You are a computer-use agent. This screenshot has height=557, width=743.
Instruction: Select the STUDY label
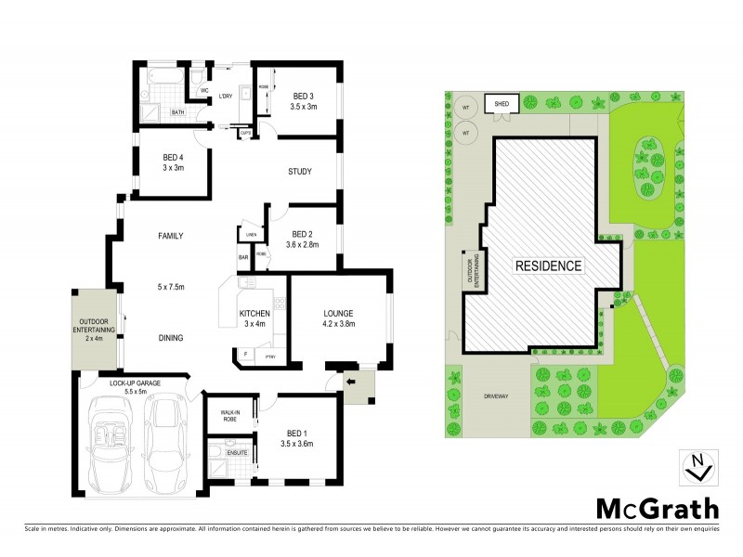(299, 172)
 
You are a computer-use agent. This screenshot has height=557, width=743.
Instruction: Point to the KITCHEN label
(254, 314)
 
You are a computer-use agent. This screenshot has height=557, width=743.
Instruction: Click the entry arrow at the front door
(351, 381)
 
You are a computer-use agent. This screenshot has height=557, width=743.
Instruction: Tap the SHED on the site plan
(502, 104)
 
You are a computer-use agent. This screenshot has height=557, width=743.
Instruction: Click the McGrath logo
(655, 508)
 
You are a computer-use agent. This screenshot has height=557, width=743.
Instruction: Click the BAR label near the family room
(244, 256)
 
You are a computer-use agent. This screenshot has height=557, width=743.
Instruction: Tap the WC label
(204, 91)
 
